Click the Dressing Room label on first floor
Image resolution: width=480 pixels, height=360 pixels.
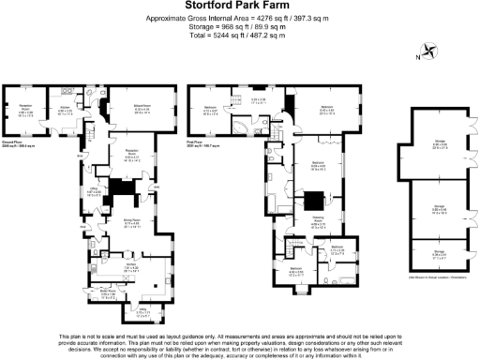click(x=317, y=222)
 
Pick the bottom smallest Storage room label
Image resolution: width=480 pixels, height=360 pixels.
click(x=439, y=250)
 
